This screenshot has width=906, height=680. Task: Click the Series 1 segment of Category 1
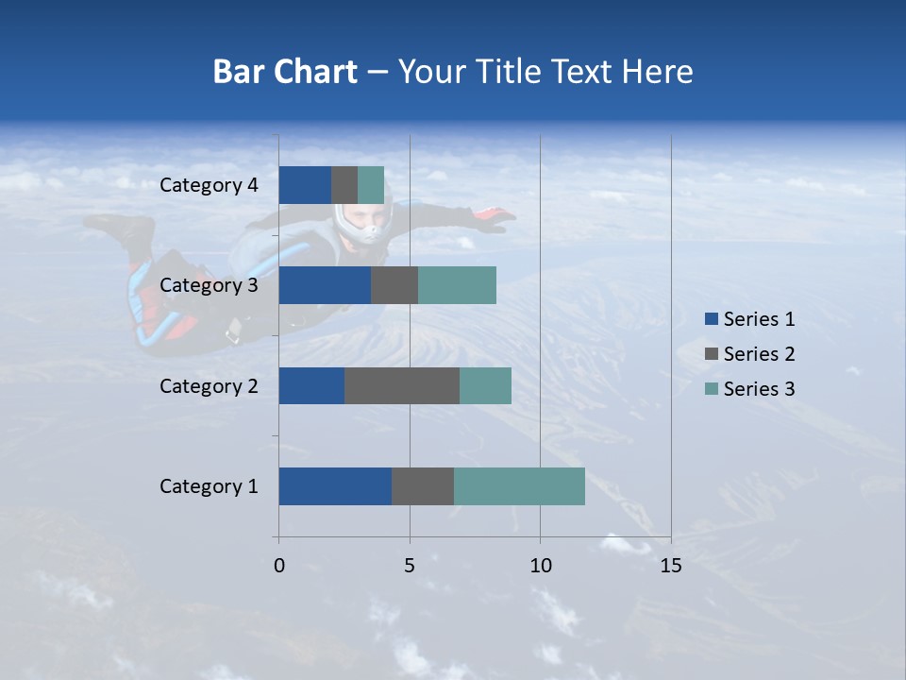click(x=335, y=486)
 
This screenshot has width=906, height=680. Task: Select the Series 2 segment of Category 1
click(x=423, y=486)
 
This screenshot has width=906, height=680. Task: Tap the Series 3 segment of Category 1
click(x=519, y=486)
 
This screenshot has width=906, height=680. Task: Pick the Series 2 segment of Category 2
click(x=402, y=385)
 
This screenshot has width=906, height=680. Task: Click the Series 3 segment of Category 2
click(x=485, y=385)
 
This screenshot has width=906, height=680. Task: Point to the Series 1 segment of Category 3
click(x=325, y=285)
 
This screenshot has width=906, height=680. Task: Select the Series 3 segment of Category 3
click(x=457, y=285)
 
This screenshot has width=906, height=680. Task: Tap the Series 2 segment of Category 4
click(x=344, y=185)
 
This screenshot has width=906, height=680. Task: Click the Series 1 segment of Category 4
click(x=305, y=185)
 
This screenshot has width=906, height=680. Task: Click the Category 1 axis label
click(x=209, y=486)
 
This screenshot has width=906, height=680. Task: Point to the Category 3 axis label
click(x=209, y=285)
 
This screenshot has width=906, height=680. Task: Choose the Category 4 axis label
click(x=209, y=185)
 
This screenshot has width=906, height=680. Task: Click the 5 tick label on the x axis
click(x=410, y=566)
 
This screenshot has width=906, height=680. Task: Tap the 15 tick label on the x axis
click(x=670, y=566)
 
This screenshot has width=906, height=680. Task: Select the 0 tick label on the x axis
click(x=279, y=566)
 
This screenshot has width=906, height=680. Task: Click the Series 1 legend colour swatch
click(x=712, y=319)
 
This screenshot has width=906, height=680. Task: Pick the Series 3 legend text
click(x=759, y=389)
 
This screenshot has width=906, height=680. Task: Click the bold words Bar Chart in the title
click(x=285, y=72)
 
